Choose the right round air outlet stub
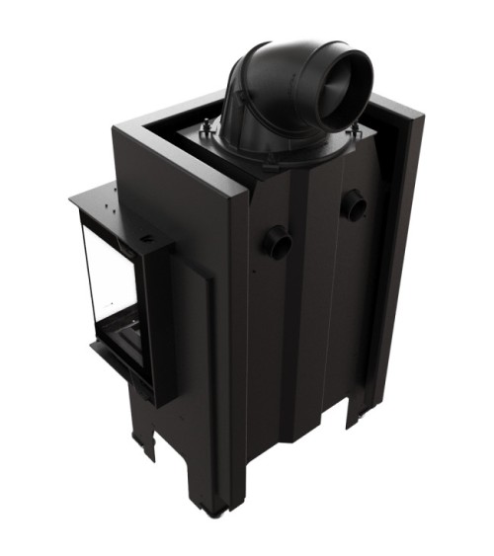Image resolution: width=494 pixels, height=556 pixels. coord(352,204)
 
